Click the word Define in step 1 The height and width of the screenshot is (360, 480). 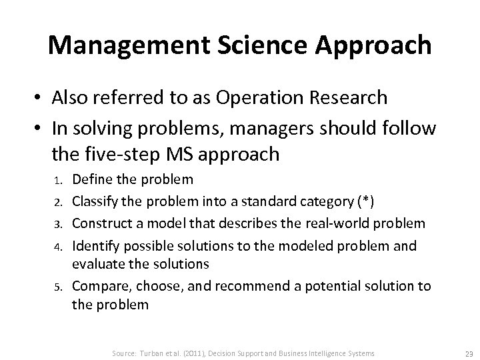tap(92, 179)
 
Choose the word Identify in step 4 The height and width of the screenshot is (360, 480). tap(95, 246)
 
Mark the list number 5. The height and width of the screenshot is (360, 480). tap(58, 287)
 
